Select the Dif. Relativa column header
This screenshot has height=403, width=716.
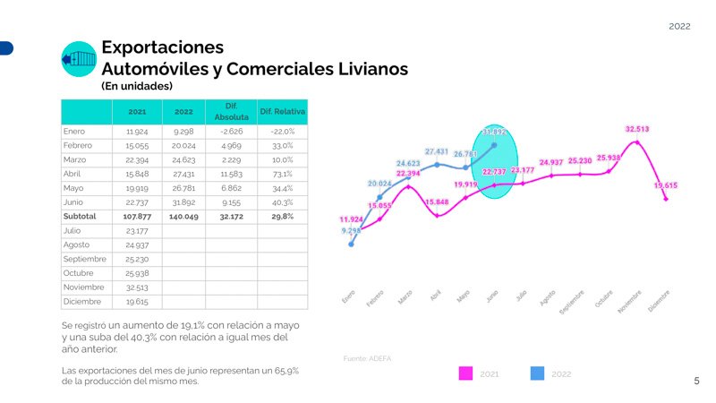tap(282, 112)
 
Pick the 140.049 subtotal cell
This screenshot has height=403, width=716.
tap(184, 217)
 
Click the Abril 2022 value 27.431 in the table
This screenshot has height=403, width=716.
tap(184, 174)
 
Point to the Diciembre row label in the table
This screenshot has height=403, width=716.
tap(81, 302)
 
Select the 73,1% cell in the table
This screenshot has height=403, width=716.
tap(282, 174)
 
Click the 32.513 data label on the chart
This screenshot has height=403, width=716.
tap(637, 129)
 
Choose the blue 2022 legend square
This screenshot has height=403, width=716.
tap(537, 373)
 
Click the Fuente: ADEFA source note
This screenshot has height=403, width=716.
tap(367, 358)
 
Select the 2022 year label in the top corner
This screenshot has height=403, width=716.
tap(679, 27)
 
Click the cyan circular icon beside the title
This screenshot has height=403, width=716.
tap(79, 59)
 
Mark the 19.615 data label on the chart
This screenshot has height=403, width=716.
tap(665, 185)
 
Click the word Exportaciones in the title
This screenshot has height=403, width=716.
tap(162, 47)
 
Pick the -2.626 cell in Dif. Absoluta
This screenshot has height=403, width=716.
tap(225, 132)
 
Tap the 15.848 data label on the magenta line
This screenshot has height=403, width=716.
tap(437, 202)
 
